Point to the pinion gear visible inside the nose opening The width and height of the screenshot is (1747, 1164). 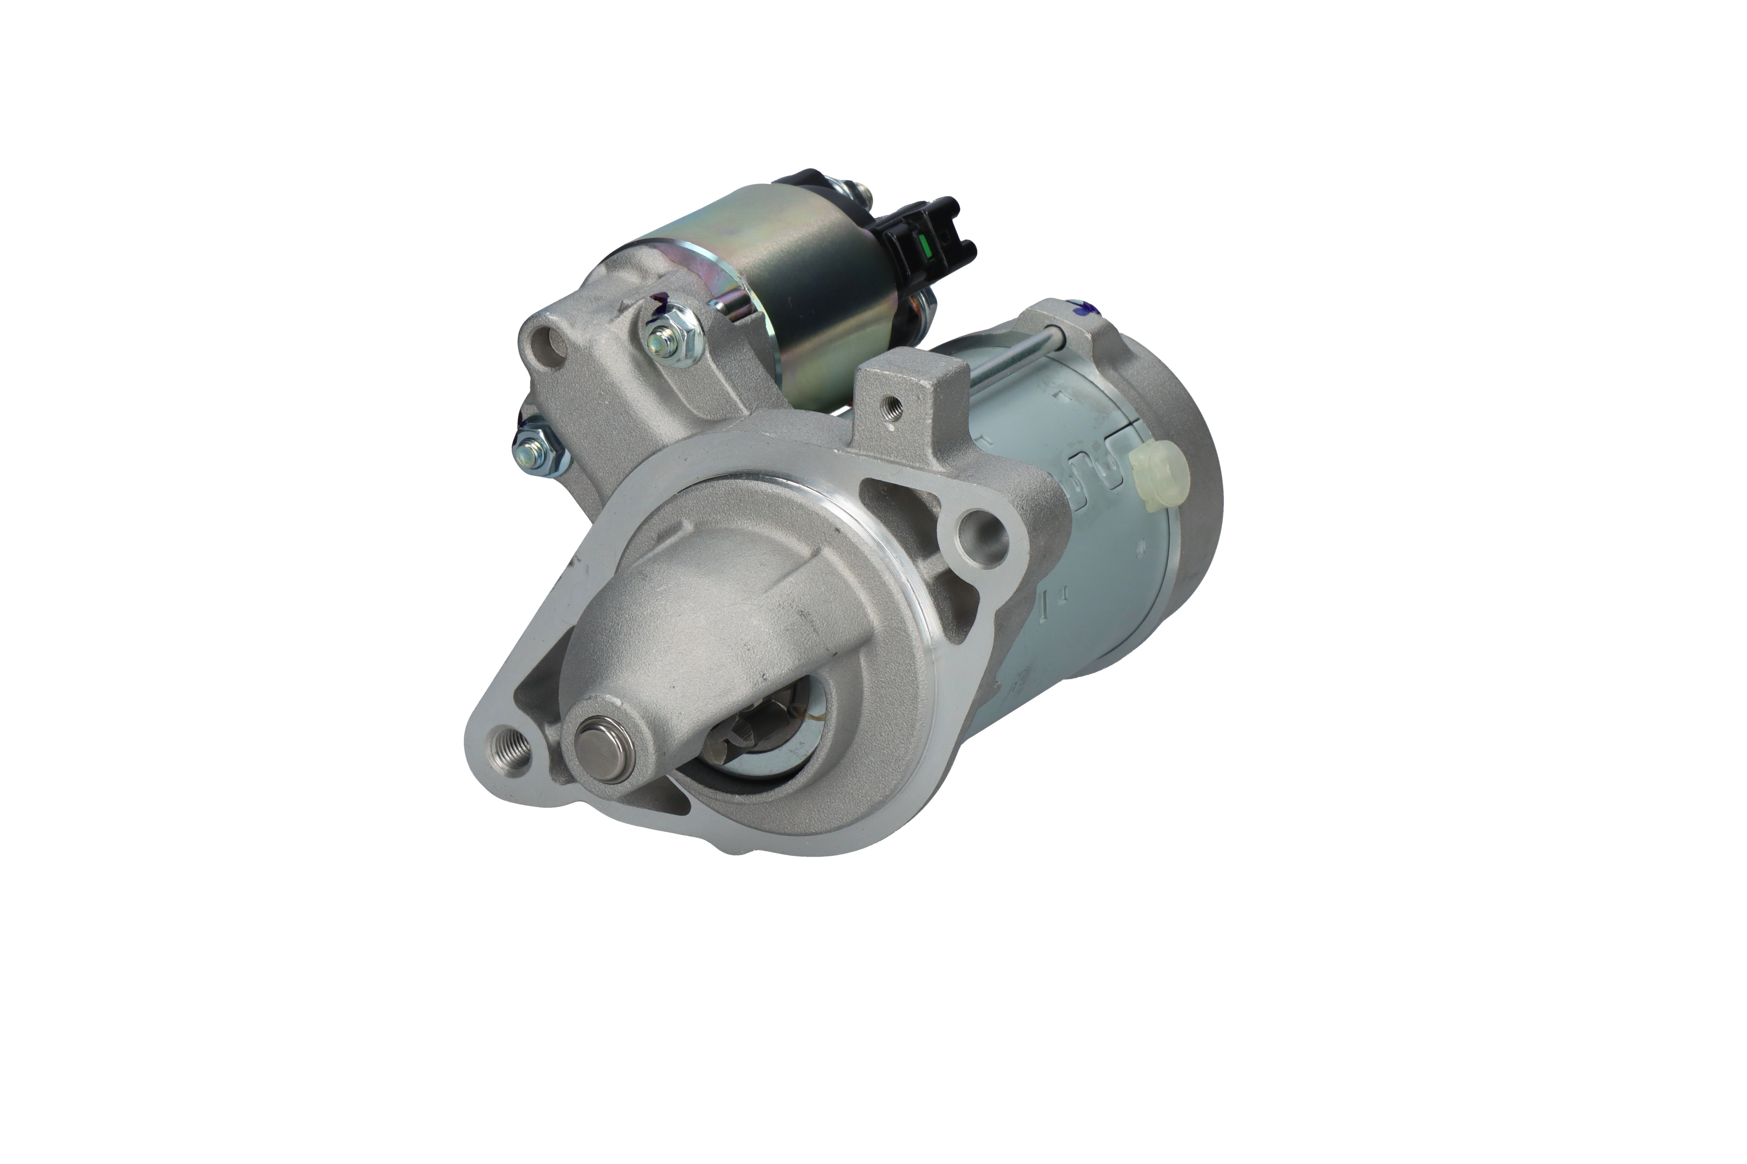pyautogui.click(x=750, y=742)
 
